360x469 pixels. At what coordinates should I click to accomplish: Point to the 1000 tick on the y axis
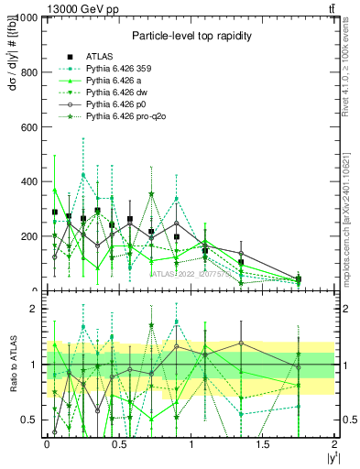27,17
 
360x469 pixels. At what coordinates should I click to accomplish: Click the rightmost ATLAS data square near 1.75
298,279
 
